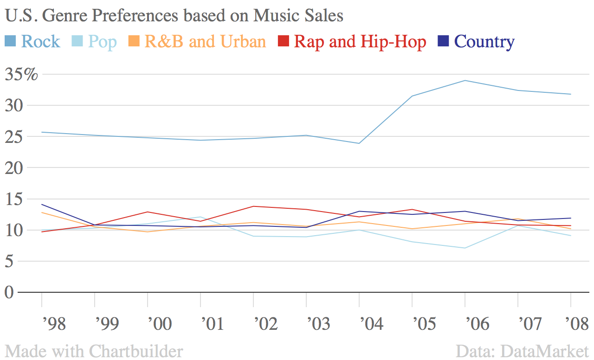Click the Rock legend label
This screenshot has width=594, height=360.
[40, 42]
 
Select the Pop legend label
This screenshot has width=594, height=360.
[102, 42]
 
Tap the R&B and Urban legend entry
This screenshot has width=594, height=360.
[205, 42]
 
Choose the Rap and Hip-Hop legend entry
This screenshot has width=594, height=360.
[360, 42]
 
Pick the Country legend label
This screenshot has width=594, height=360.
[484, 42]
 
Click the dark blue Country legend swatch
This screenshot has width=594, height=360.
[444, 42]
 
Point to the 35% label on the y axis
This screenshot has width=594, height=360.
[21, 74]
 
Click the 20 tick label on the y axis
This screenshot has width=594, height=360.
[14, 167]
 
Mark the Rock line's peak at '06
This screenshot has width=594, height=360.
[465, 81]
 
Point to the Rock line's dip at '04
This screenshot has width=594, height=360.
[359, 143]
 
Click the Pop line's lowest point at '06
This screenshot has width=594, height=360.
[465, 248]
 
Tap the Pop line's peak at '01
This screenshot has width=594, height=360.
[200, 217]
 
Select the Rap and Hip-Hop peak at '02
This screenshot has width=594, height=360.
[253, 206]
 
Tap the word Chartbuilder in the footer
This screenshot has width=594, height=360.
[136, 351]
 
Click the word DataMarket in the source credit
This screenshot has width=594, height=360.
[549, 351]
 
